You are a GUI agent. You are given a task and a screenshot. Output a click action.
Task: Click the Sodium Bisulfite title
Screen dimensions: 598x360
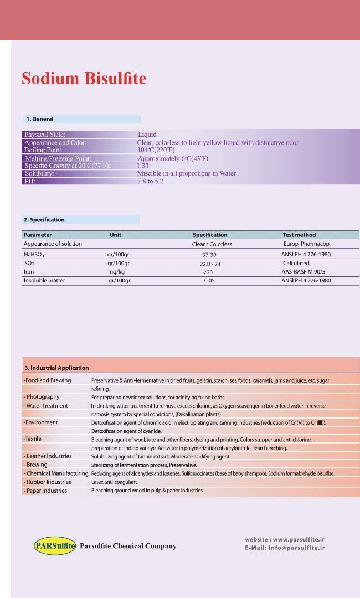[84, 79]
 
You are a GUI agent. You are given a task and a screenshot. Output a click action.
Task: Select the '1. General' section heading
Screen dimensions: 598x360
[40, 118]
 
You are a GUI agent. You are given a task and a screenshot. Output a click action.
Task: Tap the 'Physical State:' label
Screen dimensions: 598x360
[45, 135]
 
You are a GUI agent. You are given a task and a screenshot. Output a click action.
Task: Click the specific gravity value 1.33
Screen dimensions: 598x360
[143, 166]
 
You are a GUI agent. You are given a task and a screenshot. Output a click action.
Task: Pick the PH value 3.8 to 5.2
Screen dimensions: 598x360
[150, 181]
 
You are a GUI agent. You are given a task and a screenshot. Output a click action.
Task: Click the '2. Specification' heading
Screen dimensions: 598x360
[44, 220]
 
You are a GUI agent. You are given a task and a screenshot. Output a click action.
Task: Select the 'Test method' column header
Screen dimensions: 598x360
[299, 235]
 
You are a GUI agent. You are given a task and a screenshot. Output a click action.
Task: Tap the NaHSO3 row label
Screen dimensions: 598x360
[36, 255]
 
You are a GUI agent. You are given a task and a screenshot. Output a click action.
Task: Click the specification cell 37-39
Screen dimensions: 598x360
[209, 255]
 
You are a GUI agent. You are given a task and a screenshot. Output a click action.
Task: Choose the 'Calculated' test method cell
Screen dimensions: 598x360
[296, 264]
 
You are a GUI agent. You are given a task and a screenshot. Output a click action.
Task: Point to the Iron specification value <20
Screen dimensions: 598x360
[208, 272]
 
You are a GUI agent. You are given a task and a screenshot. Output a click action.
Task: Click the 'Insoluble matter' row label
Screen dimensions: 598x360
[44, 281]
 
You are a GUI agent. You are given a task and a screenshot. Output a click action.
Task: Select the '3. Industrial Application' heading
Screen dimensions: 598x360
[56, 368]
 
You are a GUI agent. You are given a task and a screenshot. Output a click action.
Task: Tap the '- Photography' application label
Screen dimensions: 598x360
[42, 397]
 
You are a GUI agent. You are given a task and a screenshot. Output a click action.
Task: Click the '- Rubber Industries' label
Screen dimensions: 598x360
[47, 482]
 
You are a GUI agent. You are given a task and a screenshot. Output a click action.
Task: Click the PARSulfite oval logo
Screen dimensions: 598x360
[54, 546]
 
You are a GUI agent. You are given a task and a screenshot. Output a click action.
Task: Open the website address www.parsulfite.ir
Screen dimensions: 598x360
[299, 539]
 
